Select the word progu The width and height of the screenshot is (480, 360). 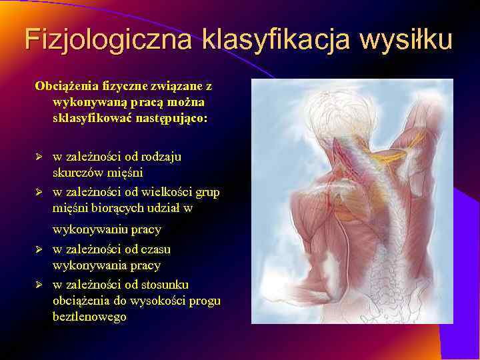(205, 301)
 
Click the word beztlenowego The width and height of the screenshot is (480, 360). (89, 317)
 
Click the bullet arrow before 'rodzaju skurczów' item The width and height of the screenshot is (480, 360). (39, 157)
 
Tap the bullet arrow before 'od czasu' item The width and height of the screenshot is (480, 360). (39, 250)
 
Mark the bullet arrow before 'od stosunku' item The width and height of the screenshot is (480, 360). (39, 285)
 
